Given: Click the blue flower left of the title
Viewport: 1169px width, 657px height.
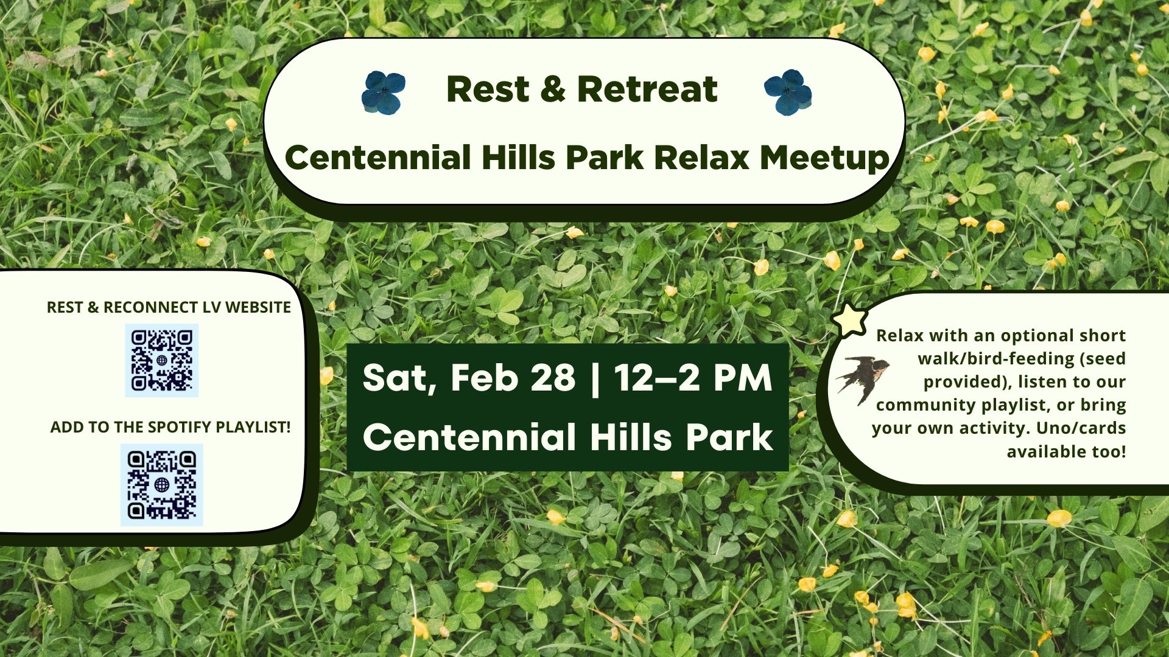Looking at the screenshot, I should [x=383, y=92].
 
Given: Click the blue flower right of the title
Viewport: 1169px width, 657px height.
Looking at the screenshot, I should [x=787, y=92].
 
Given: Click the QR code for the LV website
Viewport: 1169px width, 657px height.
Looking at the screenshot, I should [x=162, y=360].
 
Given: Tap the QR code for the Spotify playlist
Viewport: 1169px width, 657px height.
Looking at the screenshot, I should [x=162, y=484].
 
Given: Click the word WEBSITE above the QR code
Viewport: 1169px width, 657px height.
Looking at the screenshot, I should [x=258, y=307].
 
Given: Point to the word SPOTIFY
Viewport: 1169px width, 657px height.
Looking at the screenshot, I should [x=179, y=427].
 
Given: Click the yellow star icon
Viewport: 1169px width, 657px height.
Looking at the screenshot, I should [x=850, y=319].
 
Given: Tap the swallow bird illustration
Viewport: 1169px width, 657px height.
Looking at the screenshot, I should [x=863, y=378].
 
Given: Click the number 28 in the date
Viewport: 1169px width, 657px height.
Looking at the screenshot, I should [x=553, y=378].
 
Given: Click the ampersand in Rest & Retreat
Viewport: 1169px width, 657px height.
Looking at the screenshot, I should [x=552, y=89].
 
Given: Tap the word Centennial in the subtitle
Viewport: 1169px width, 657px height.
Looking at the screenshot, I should [x=377, y=158].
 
